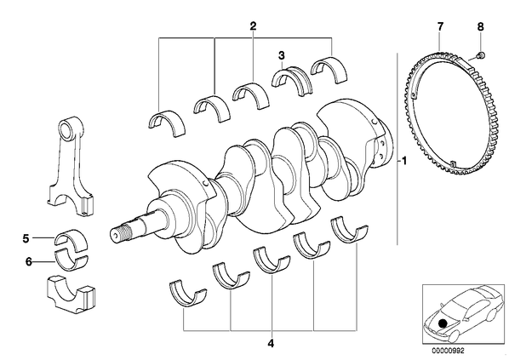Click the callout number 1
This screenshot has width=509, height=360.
point(403,161)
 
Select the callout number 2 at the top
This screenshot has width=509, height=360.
point(253,26)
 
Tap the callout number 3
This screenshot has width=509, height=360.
point(281,55)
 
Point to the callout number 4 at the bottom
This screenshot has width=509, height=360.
point(271,343)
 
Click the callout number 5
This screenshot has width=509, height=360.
point(26,238)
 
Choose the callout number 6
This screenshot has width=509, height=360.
point(29,261)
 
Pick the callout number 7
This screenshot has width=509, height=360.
point(440,26)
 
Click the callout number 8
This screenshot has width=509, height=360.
point(480,26)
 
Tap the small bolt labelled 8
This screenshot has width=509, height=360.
point(481,55)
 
